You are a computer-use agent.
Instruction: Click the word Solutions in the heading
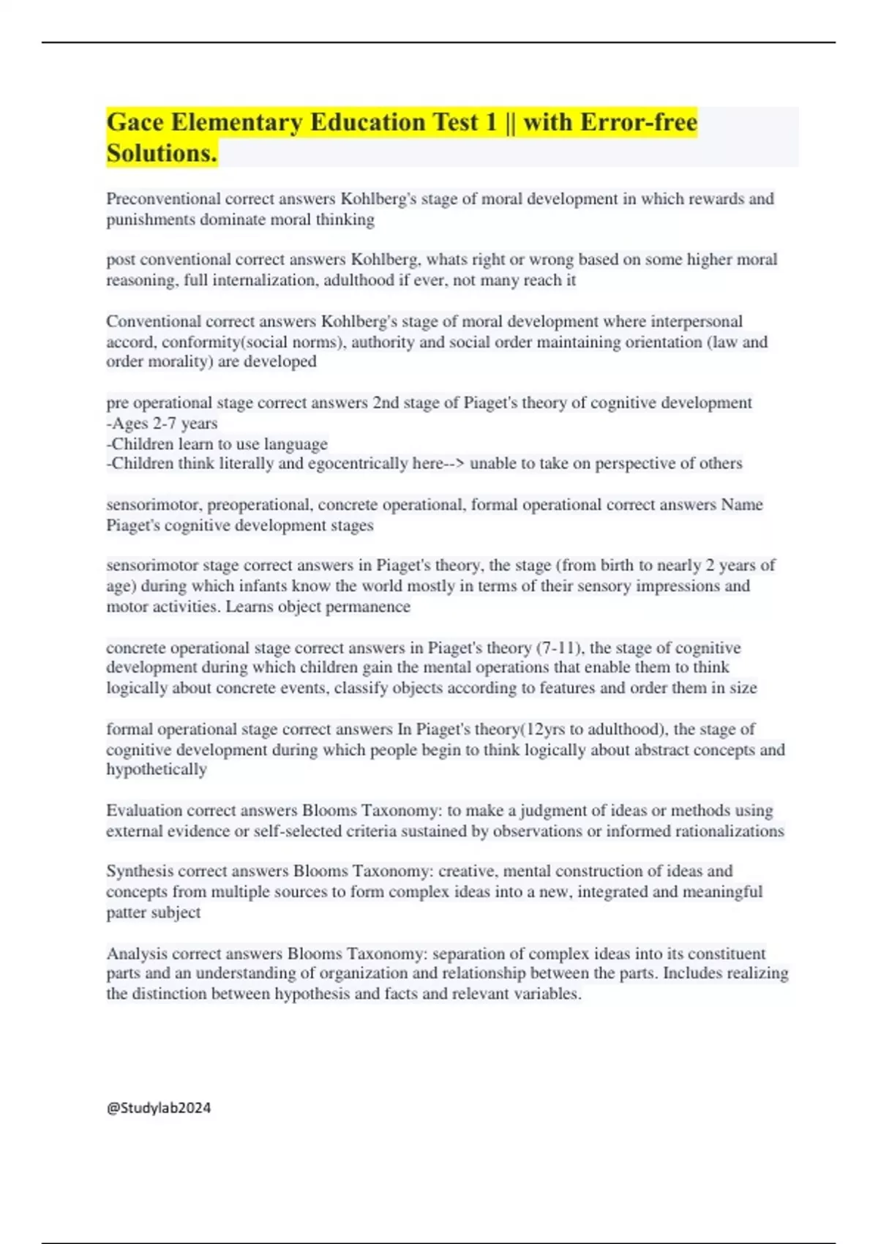tap(162, 154)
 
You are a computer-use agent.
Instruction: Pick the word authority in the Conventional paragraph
tap(385, 342)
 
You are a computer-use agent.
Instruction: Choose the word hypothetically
tap(157, 770)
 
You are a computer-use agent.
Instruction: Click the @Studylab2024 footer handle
tap(159, 1108)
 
